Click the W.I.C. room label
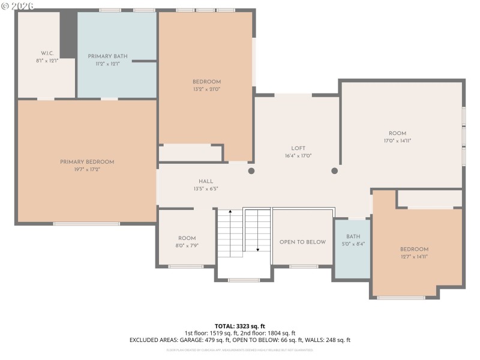click(48, 53)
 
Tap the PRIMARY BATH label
click(107, 56)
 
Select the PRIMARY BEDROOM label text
click(86, 162)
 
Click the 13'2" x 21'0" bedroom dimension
click(206, 89)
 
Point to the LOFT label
click(298, 148)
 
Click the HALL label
click(206, 181)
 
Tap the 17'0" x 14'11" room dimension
click(397, 141)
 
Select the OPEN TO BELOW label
click(302, 242)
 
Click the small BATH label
click(353, 237)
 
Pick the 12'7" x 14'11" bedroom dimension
click(414, 257)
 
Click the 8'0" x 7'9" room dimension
click(187, 245)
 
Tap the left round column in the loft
click(251, 171)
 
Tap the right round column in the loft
click(334, 171)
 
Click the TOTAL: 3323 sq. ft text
click(239, 326)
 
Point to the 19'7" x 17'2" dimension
click(86, 169)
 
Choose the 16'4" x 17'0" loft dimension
click(298, 156)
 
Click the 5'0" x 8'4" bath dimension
click(353, 244)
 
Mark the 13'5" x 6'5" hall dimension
click(206, 188)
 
